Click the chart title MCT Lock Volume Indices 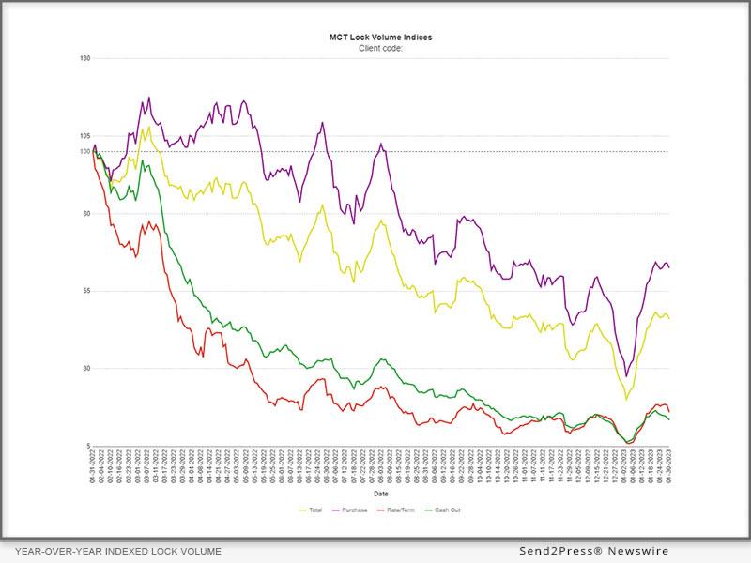(380, 38)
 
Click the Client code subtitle (380, 47)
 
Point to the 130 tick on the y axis (84, 58)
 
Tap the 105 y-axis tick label (84, 136)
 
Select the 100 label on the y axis (84, 151)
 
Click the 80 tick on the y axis (84, 213)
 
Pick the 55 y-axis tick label (84, 291)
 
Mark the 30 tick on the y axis (84, 368)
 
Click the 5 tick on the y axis (86, 446)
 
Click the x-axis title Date (381, 493)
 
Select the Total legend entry (313, 510)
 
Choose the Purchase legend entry (354, 510)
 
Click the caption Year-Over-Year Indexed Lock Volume (118, 552)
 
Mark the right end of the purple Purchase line (669, 268)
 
